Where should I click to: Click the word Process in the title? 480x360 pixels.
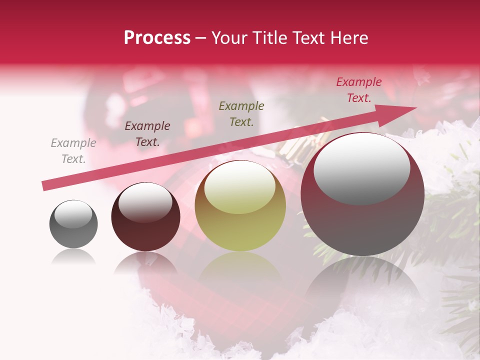pyautogui.click(x=157, y=38)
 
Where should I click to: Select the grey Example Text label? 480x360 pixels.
pyautogui.click(x=73, y=151)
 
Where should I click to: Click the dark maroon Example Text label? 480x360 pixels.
pyautogui.click(x=147, y=134)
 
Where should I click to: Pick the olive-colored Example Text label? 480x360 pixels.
pyautogui.click(x=241, y=113)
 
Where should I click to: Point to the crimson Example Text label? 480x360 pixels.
pyautogui.click(x=358, y=90)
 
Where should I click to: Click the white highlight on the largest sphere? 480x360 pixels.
pyautogui.click(x=361, y=168)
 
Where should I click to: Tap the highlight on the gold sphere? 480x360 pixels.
pyautogui.click(x=240, y=186)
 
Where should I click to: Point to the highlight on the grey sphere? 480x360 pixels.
pyautogui.click(x=73, y=214)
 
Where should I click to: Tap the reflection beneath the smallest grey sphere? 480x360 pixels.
pyautogui.click(x=73, y=257)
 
